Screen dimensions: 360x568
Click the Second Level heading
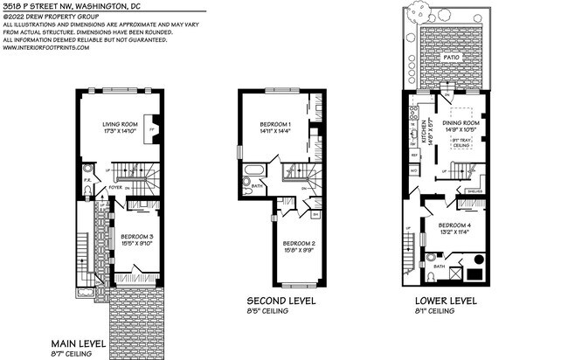(281, 301)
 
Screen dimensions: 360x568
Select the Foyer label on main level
(114, 187)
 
